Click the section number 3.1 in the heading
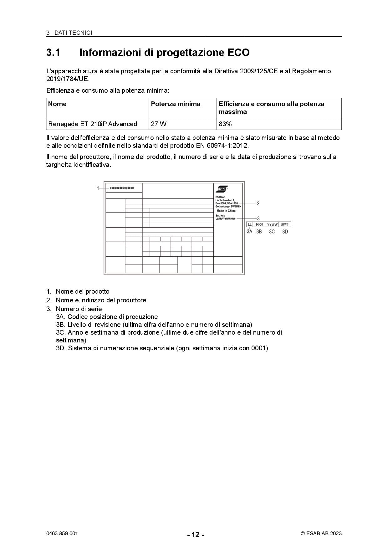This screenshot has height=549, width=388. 53,53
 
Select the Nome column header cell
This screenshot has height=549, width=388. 57,104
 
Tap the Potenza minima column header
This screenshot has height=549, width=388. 176,104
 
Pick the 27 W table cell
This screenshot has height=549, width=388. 159,124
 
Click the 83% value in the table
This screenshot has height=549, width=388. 225,124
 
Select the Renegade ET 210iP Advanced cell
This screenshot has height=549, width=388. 93,124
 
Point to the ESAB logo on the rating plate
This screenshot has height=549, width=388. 222,189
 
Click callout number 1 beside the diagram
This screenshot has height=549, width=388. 98,188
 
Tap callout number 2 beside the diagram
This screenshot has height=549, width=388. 258,203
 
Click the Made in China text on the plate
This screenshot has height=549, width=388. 226,211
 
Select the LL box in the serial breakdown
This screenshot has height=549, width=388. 250,224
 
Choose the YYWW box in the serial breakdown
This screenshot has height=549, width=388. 272,224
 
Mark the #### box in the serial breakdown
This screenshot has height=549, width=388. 285,224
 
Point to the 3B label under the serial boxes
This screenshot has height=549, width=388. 259,232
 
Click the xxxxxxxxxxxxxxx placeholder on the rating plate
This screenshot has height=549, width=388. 122,188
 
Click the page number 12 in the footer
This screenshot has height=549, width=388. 196,535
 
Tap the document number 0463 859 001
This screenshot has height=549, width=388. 62,533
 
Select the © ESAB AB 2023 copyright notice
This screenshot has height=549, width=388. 321,534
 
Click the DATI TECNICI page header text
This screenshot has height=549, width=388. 73,33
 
